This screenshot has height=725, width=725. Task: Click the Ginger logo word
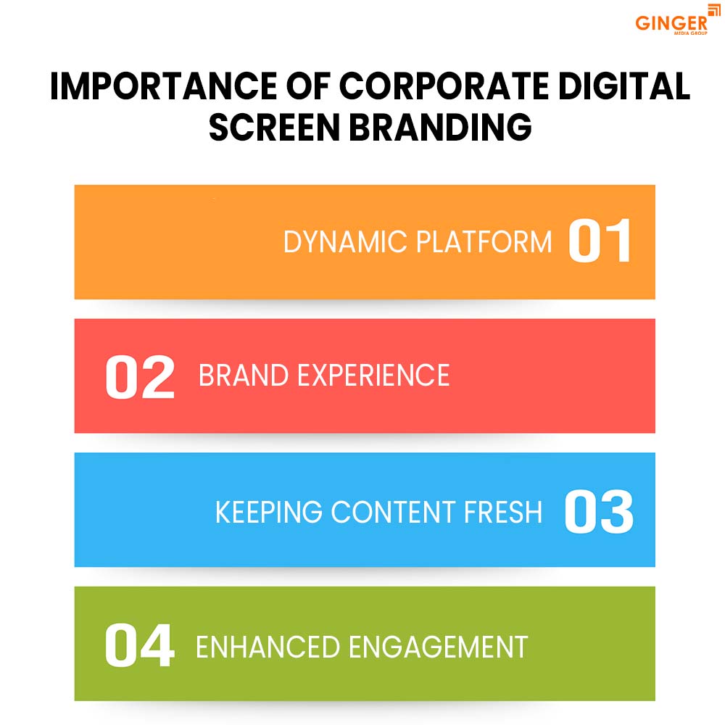pyautogui.click(x=671, y=22)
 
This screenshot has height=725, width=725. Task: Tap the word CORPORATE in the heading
pyautogui.click(x=444, y=86)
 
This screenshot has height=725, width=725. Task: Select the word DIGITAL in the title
pyautogui.click(x=624, y=86)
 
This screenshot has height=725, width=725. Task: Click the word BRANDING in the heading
pyautogui.click(x=440, y=127)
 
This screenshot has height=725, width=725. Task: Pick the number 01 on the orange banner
pyautogui.click(x=600, y=241)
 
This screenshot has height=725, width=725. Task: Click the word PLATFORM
pyautogui.click(x=484, y=241)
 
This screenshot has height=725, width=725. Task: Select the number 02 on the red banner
pyautogui.click(x=140, y=376)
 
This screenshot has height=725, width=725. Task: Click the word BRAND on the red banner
pyautogui.click(x=244, y=375)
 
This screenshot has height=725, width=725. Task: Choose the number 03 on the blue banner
pyautogui.click(x=600, y=511)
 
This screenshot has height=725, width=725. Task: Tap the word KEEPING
pyautogui.click(x=269, y=512)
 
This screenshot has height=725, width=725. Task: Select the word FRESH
pyautogui.click(x=503, y=512)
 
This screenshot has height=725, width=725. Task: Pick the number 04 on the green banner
pyautogui.click(x=140, y=645)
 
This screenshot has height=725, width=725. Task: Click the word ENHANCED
pyautogui.click(x=268, y=647)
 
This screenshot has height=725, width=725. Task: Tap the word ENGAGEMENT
pyautogui.click(x=439, y=647)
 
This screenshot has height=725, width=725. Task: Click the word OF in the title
pyautogui.click(x=308, y=86)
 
